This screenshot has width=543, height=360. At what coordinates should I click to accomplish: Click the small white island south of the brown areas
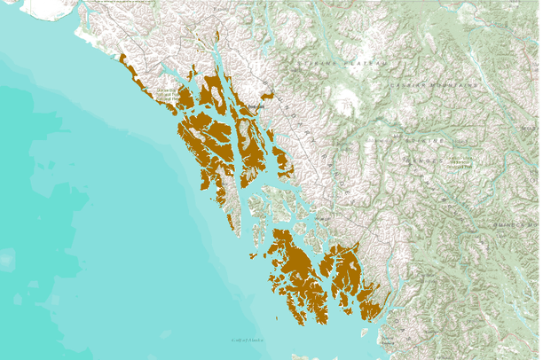pos(364,333)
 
